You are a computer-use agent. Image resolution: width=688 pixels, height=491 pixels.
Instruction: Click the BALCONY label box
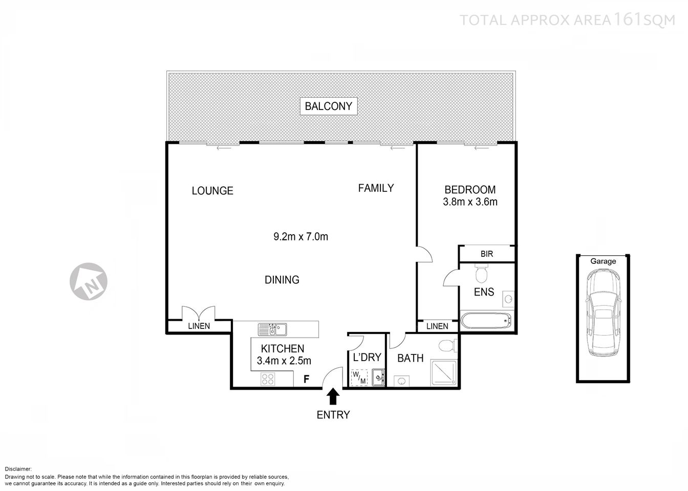329,106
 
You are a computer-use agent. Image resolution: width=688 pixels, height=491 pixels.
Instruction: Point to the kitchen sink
273,329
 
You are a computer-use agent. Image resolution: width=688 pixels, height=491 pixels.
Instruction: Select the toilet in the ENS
481,274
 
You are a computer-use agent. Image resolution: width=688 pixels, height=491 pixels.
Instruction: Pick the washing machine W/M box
359,377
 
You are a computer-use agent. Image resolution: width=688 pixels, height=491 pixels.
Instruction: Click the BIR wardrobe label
487,254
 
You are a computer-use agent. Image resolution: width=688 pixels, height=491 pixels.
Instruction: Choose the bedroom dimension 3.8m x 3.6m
470,202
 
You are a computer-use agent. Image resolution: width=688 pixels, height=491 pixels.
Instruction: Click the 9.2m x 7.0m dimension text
300,236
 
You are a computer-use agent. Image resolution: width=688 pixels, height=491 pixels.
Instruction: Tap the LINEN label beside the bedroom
437,326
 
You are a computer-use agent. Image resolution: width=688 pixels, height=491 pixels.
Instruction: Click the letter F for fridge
307,379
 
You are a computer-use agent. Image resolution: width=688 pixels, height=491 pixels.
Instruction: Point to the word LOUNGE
212,191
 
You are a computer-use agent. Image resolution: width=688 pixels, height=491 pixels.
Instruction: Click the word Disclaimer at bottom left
18,469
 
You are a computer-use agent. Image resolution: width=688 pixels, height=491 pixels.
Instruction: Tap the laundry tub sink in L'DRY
378,378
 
